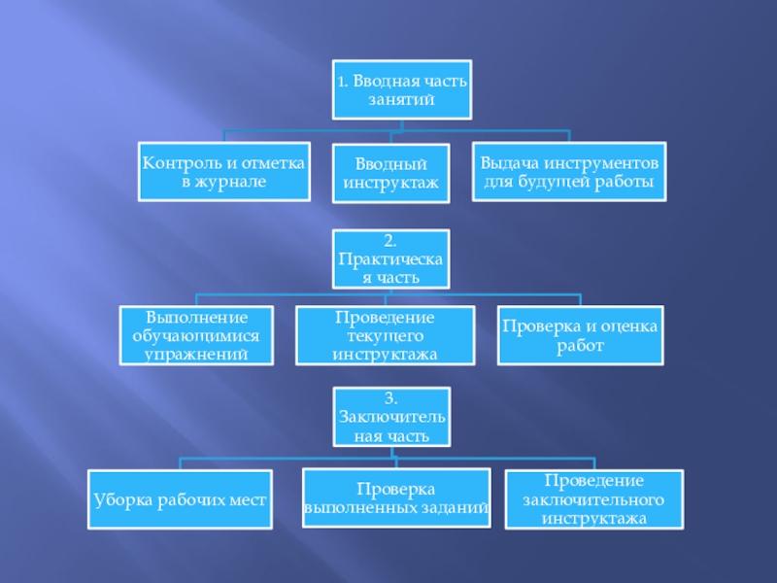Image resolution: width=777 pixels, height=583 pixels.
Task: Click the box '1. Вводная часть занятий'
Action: (400, 90)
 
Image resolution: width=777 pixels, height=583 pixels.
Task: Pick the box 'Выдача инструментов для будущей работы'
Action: (569, 171)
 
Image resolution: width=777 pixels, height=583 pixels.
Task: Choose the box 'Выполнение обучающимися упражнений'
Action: (197, 335)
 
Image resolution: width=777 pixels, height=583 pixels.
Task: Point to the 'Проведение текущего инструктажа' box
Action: (385, 335)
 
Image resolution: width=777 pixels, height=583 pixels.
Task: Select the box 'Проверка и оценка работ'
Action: (581, 335)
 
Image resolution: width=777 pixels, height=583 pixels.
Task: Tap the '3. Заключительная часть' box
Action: (391, 416)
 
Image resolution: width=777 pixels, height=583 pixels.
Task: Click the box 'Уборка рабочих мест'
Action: (180, 499)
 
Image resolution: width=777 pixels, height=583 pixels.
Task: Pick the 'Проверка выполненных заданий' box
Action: (394, 497)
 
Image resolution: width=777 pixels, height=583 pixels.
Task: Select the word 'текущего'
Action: (385, 335)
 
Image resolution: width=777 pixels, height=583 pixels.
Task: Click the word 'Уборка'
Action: (118, 499)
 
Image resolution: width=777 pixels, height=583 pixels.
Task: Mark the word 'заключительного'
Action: (592, 499)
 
